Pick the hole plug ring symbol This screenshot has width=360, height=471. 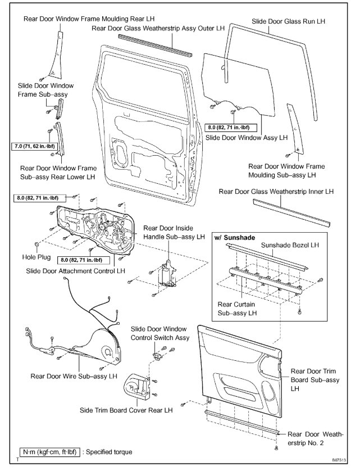[x=37, y=245]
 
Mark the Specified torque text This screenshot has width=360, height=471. [x=108, y=451]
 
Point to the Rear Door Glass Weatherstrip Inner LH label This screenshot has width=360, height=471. [x=276, y=192]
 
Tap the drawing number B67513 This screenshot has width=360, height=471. [x=339, y=460]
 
